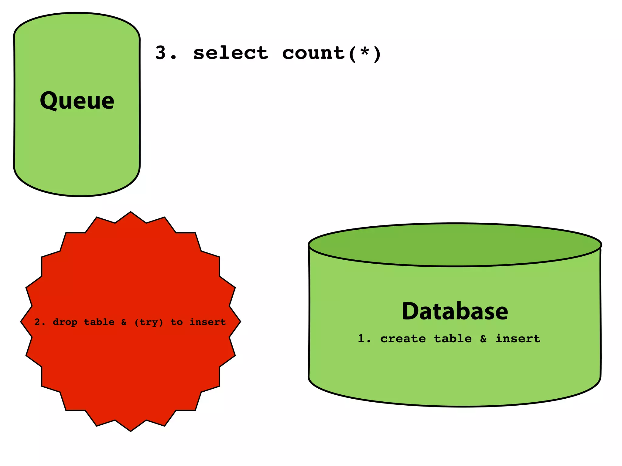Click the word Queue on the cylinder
point(77,101)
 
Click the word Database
point(455,311)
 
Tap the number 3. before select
point(166,53)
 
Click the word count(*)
point(331,53)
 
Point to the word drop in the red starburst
point(65,322)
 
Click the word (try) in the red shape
point(149,322)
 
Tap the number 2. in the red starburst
point(40,322)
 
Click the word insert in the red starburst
point(207,322)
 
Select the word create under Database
point(403,339)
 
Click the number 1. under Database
point(364,339)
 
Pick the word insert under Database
point(518,339)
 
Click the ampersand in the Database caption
point(483,339)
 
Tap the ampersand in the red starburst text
point(124,322)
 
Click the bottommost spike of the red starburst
point(131,429)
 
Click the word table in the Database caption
point(453,339)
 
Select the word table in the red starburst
point(99,322)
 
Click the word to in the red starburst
point(176,322)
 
